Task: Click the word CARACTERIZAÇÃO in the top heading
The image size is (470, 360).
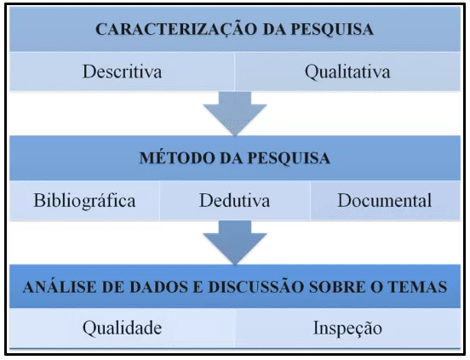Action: tap(176, 30)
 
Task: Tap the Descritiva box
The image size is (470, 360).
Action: tap(122, 71)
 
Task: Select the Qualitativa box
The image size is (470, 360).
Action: tap(347, 71)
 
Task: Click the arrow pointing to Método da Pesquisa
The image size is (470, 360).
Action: tap(235, 113)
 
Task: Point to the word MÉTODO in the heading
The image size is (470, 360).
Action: tap(176, 157)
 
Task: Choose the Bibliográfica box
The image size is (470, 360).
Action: tap(84, 200)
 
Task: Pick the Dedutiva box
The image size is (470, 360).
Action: tap(235, 200)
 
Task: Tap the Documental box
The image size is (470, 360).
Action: tap(385, 200)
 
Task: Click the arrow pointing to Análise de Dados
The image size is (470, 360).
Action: tap(235, 243)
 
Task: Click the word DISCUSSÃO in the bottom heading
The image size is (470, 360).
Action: tap(256, 287)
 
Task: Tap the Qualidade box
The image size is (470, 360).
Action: tap(122, 328)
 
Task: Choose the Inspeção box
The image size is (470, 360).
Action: tap(347, 328)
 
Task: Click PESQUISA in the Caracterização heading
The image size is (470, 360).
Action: tap(332, 29)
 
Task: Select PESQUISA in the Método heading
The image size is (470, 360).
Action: tap(289, 157)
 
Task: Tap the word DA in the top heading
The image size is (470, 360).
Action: tap(273, 29)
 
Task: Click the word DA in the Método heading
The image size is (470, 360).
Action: tap(230, 157)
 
